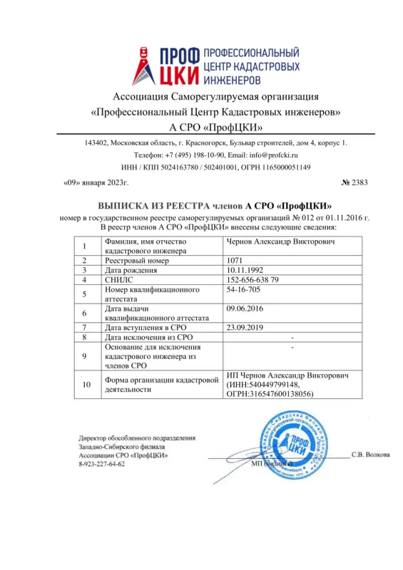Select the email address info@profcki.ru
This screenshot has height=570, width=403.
tap(267, 155)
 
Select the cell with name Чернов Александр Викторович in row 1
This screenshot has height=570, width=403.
tap(278, 242)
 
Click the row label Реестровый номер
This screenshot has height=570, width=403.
tap(141, 261)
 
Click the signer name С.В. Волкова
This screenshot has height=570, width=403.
tap(369, 454)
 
